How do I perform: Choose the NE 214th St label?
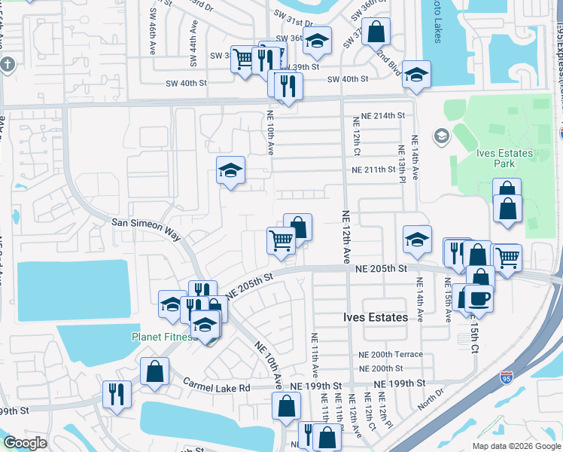tap(382, 115)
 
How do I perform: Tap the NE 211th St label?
tap(373, 169)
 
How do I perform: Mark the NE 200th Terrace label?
tap(391, 354)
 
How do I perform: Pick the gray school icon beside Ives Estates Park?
tap(440, 136)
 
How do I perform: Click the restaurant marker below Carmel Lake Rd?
tap(117, 393)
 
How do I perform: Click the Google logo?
tap(25, 443)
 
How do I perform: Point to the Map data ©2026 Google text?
tap(516, 446)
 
